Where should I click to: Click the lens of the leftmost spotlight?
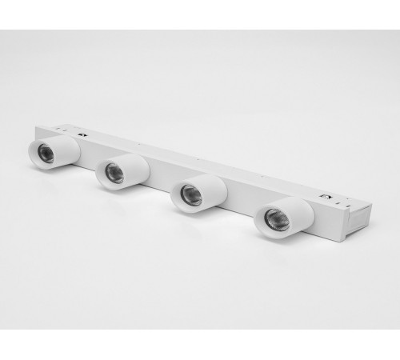click(x=46, y=154)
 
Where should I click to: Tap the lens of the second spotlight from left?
click(x=114, y=173)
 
